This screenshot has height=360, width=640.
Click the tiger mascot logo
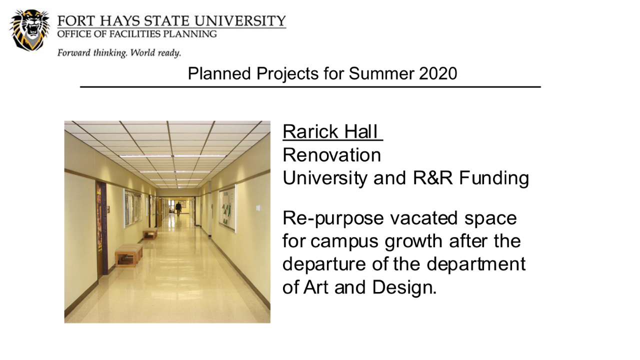(29, 30)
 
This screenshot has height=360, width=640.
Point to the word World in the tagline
(143, 53)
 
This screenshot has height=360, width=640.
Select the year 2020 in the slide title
(438, 73)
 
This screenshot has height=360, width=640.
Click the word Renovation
(331, 155)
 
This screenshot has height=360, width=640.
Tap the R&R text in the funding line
(433, 178)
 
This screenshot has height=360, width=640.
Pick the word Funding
(494, 178)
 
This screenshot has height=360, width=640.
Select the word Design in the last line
(404, 287)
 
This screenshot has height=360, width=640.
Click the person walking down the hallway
(178, 209)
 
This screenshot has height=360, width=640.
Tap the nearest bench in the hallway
(128, 255)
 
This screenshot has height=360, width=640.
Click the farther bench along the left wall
(150, 233)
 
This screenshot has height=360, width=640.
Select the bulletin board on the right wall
(227, 208)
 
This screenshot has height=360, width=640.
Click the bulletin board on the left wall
(133, 207)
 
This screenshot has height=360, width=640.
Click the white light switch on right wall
(257, 207)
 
